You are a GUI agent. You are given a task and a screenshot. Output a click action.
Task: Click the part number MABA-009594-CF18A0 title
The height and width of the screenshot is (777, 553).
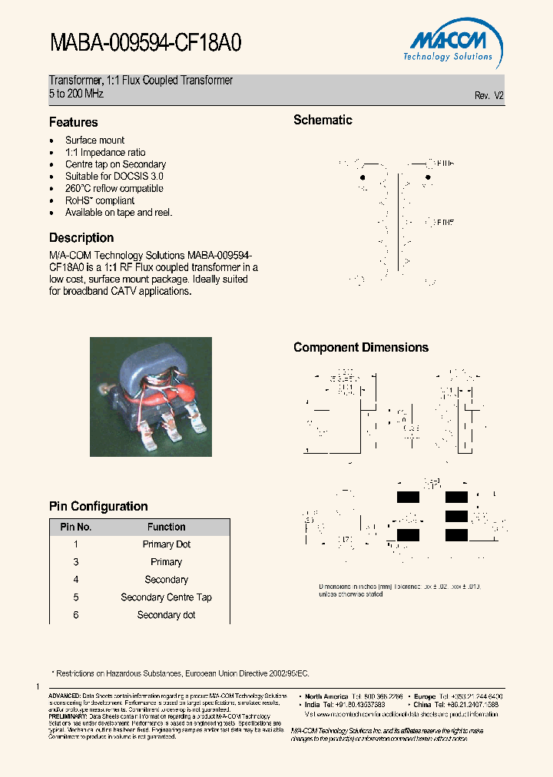coord(145,43)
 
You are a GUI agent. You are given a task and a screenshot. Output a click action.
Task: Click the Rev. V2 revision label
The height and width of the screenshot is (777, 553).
coord(488,96)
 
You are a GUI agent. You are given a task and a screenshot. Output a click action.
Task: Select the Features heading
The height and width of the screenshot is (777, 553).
coord(74,122)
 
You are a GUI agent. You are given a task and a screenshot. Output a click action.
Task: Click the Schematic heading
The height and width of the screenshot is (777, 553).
coord(323,120)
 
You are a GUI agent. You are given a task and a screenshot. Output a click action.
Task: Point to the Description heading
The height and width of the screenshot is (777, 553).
coord(81,238)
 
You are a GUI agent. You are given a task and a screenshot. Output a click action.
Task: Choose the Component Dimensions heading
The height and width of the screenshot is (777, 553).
coord(361,347)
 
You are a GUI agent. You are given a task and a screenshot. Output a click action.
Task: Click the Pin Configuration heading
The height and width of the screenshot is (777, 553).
coord(98,506)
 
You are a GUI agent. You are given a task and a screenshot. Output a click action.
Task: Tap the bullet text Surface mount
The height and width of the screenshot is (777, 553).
coord(94,141)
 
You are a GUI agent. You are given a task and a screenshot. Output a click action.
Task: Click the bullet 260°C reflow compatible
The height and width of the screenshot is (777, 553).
coord(114,188)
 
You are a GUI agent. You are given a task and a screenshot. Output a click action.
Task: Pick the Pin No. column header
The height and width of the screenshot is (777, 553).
coord(76,527)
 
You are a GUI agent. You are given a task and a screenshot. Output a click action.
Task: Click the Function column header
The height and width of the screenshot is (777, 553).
coord(166,527)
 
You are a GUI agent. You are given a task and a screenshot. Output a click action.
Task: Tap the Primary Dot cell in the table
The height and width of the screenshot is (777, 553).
coord(166,544)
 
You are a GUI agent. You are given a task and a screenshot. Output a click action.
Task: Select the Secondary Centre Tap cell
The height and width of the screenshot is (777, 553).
coord(166,597)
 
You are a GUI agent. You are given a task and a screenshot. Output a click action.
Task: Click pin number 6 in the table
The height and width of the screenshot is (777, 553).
coord(76,615)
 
